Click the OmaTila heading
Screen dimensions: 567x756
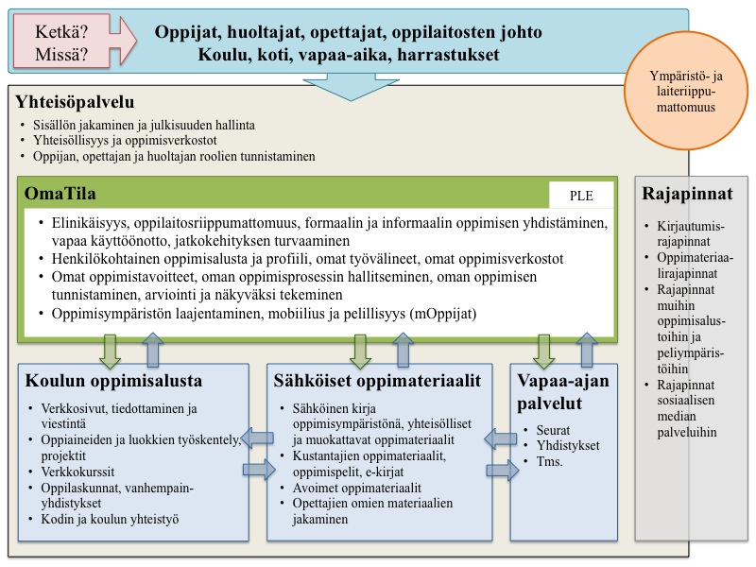65,195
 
